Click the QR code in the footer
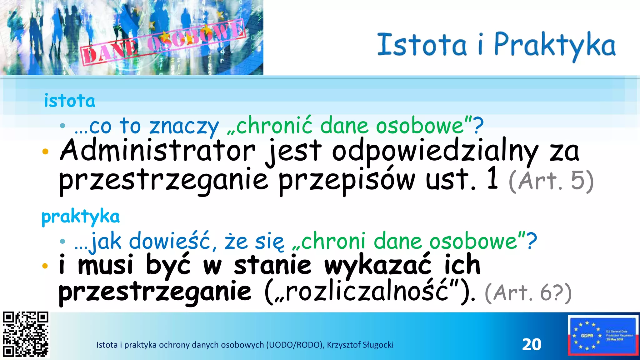coord(26,334)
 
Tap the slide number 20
coord(532,344)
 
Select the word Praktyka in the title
coord(555,45)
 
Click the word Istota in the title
coord(422,45)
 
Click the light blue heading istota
coord(69,101)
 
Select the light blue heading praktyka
coord(81,217)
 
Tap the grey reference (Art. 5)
coord(551,181)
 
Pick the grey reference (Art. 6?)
coord(528,293)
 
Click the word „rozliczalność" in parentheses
coord(366,292)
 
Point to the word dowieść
coord(170,242)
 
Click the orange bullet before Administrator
coord(45,152)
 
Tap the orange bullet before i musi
coord(45,266)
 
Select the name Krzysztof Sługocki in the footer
coord(360,345)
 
